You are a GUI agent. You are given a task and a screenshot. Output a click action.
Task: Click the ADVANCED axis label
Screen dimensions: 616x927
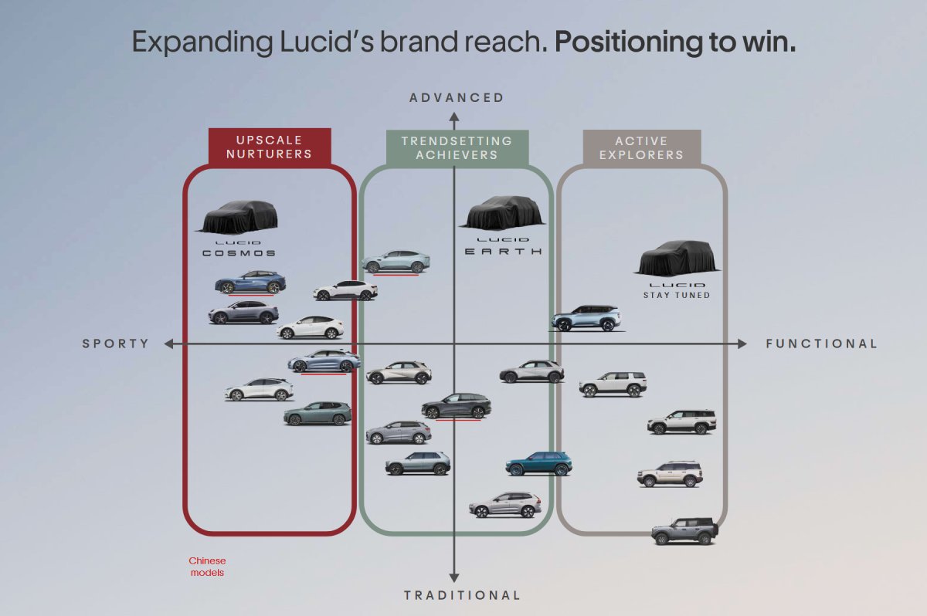click(x=456, y=97)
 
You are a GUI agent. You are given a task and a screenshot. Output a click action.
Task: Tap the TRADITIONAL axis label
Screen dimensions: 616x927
click(x=462, y=595)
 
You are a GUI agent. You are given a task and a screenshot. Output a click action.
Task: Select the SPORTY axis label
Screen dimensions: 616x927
click(x=116, y=344)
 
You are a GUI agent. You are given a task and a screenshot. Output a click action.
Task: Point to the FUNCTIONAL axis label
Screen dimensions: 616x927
click(x=821, y=344)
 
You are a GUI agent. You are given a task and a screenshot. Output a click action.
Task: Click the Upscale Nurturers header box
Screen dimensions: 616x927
click(x=270, y=147)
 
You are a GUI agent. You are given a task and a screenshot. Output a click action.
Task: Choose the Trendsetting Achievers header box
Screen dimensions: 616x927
click(x=457, y=147)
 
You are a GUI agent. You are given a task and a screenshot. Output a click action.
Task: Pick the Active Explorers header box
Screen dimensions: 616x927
click(x=641, y=147)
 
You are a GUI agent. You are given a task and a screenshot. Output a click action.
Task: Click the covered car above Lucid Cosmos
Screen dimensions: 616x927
click(x=237, y=217)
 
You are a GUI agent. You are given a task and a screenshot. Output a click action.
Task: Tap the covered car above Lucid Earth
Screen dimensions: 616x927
click(x=502, y=212)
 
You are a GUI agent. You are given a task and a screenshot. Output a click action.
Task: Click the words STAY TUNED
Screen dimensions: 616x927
click(x=677, y=295)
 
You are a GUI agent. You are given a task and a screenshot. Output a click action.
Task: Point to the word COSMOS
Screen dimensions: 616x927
click(x=239, y=252)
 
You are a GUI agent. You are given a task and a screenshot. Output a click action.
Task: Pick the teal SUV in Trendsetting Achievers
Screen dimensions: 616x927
click(x=538, y=464)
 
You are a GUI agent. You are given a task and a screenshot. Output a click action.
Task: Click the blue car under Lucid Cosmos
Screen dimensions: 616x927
click(x=250, y=283)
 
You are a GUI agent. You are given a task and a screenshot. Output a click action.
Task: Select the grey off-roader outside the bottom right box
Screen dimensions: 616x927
click(x=684, y=531)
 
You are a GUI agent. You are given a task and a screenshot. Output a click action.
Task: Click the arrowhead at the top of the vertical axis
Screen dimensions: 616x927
click(x=454, y=117)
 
